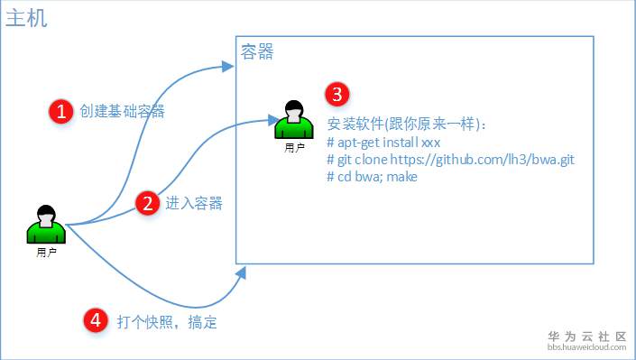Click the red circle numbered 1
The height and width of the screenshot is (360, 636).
61,111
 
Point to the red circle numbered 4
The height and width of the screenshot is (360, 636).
96,319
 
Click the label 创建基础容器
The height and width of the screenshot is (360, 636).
122,111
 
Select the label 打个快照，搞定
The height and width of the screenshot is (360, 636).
167,321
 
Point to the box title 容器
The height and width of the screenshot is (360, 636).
257,52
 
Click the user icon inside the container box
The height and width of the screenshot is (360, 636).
293,119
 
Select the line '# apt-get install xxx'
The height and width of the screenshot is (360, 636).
383,143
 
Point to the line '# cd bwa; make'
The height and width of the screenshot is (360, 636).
372,176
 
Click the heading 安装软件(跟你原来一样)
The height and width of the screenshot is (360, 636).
407,125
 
